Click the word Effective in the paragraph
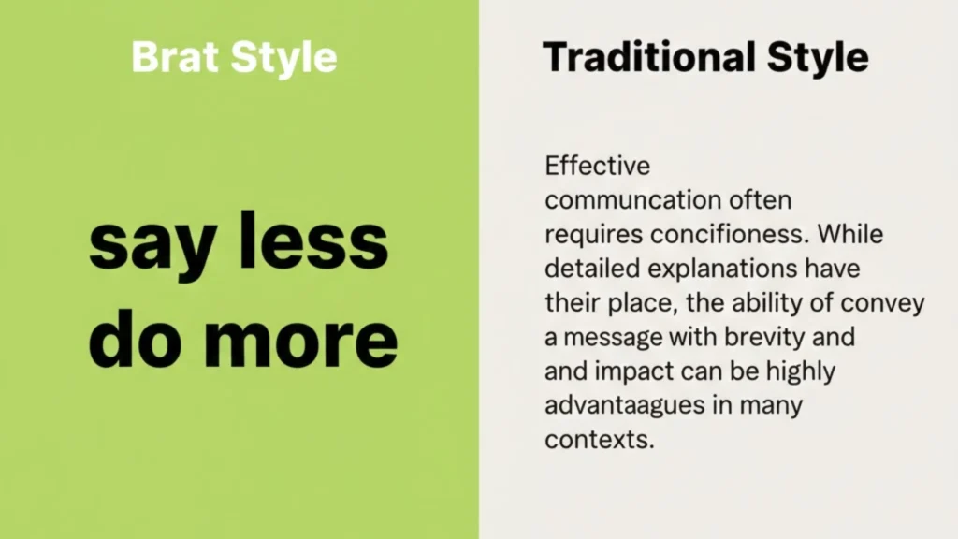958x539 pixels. [597, 167]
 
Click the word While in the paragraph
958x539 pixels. [849, 235]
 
